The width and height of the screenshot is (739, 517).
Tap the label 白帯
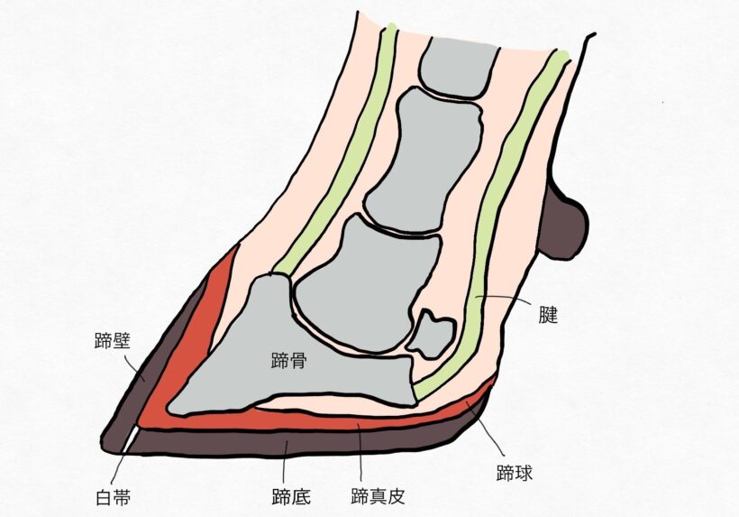[x=114, y=498]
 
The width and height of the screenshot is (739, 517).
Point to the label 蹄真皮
[x=378, y=497]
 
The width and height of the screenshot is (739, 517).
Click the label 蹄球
[x=515, y=473]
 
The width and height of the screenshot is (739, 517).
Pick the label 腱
[x=548, y=315]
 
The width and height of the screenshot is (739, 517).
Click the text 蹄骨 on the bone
[x=289, y=360]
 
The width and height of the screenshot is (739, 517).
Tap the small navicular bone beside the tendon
[x=432, y=333]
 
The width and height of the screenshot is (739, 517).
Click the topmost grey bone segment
[x=458, y=66]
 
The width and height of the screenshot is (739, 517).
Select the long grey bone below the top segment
[x=424, y=161]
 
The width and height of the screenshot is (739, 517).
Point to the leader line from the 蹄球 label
[x=490, y=430]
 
